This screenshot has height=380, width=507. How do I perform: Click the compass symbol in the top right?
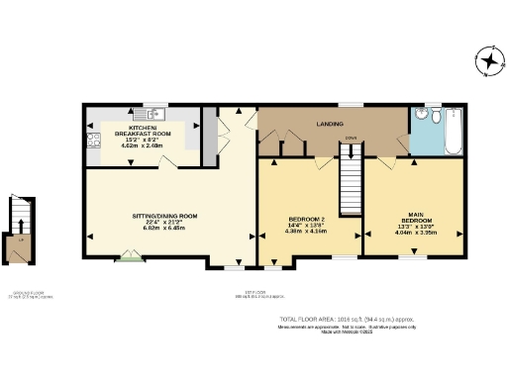point(487,62)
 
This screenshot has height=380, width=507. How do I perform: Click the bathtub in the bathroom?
point(453,132)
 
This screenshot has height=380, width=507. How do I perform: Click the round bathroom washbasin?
point(420,116)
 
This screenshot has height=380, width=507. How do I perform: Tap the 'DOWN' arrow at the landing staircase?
point(351,139)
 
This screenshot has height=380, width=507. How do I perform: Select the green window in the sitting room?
point(128,259)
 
